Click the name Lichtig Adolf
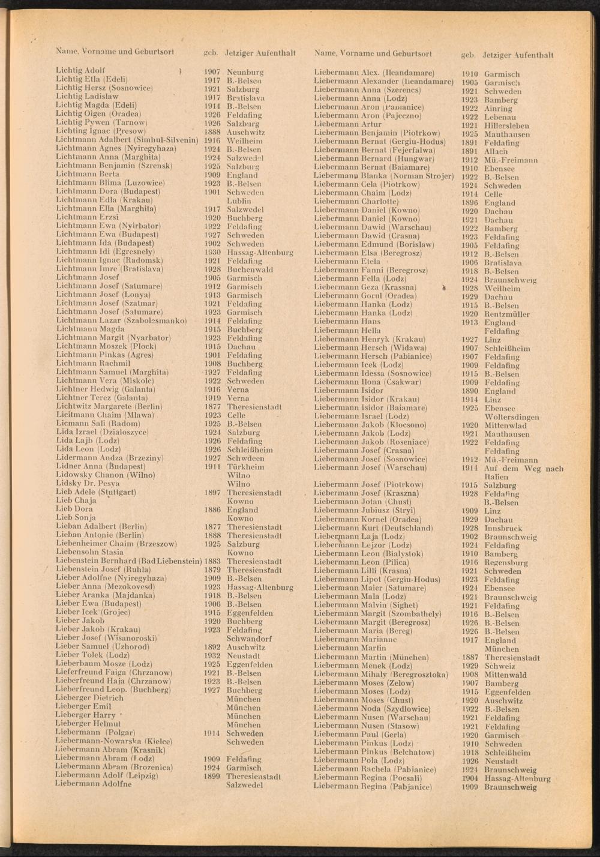coord(80,70)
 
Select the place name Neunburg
coord(245,72)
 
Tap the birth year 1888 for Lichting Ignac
coord(212,132)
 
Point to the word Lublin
coord(239,201)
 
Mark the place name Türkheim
coord(245,466)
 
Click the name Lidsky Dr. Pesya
coord(88,483)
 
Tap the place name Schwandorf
coord(249,639)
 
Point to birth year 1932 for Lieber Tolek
coord(212,656)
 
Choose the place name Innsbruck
coord(503,529)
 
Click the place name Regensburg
coord(506,563)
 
